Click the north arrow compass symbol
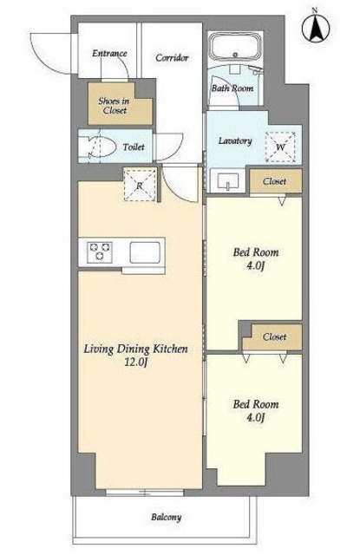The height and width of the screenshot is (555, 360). coord(316,28)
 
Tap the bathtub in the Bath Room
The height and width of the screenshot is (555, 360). coord(235,47)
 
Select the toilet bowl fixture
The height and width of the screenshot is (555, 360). coord(98,147)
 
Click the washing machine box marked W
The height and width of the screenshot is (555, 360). coord(280,147)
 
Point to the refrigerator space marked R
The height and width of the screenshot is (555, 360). coord(140,185)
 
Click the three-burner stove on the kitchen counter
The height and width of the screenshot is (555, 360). coord(100,252)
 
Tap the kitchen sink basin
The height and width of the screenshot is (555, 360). coord(145,252)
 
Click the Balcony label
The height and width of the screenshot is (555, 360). coord(167,518)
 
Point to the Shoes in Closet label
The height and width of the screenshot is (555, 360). coord(114,106)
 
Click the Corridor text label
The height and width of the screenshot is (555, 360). coord(172,57)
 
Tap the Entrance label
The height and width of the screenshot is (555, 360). coord(109,53)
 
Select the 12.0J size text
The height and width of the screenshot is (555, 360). coord(135,362)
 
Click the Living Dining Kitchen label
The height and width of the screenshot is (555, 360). coord(135,349)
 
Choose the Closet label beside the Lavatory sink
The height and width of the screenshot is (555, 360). coord(275,181)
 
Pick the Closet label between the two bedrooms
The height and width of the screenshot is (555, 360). coord(275,336)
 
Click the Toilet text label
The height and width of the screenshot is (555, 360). coord(134,147)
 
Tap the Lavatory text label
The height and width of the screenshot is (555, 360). coord(235,140)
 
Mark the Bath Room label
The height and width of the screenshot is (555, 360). coord(232,88)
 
